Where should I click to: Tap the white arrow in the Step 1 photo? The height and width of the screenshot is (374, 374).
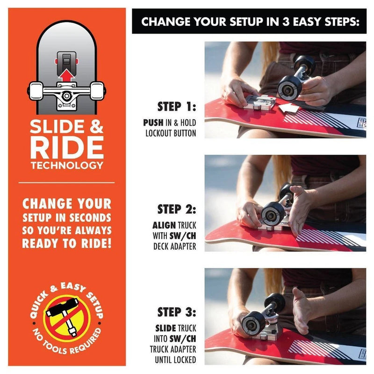pyautogui.click(x=289, y=108)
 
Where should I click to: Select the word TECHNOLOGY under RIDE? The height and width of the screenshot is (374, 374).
pyautogui.click(x=67, y=165)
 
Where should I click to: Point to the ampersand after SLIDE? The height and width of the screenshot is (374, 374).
pyautogui.click(x=96, y=126)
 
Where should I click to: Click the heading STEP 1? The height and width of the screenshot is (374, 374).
pyautogui.click(x=177, y=107)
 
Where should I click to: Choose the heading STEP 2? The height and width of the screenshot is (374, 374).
pyautogui.click(x=177, y=209)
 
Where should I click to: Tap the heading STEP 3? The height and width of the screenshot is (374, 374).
pyautogui.click(x=177, y=312)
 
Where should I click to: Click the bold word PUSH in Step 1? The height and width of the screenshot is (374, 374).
pyautogui.click(x=153, y=122)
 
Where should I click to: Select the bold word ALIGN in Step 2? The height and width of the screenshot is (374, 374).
pyautogui.click(x=164, y=225)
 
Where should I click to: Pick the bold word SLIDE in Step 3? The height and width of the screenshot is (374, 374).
pyautogui.click(x=165, y=328)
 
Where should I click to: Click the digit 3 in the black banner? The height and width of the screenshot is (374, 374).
pyautogui.click(x=286, y=22)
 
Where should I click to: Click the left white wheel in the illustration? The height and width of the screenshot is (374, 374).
pyautogui.click(x=36, y=90)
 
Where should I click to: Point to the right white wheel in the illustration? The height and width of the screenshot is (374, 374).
pyautogui.click(x=97, y=90)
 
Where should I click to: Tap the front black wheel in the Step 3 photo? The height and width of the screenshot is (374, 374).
pyautogui.click(x=253, y=324)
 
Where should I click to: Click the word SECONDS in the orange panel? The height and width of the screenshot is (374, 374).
pyautogui.click(x=90, y=218)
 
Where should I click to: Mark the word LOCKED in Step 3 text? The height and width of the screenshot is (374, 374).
pyautogui.click(x=185, y=360)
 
